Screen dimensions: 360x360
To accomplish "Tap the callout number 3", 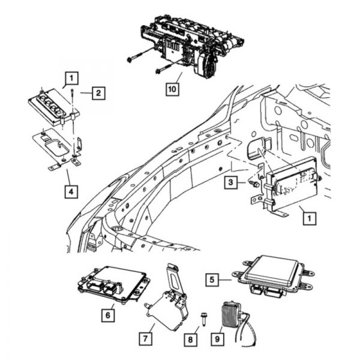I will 230,182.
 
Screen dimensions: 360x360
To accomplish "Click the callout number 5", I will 211,279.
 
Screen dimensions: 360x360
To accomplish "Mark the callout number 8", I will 190,340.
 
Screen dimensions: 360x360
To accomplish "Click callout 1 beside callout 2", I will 71,78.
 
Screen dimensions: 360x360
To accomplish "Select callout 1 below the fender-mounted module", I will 308,218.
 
